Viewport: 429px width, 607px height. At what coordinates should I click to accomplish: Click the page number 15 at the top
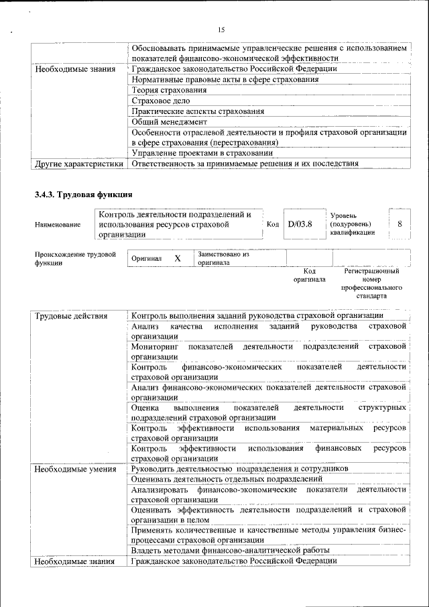click(222, 30)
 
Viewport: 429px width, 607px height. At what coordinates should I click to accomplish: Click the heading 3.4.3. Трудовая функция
click(83, 195)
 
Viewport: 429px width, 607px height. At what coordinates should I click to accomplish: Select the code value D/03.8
click(300, 223)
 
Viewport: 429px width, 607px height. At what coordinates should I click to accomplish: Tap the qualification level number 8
click(400, 223)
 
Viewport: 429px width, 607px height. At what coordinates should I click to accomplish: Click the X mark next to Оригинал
click(178, 258)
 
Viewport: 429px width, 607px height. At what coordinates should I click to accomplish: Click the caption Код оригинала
click(309, 275)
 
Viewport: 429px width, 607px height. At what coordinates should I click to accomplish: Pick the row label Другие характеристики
click(79, 163)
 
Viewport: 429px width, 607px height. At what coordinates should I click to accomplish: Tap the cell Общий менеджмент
click(169, 122)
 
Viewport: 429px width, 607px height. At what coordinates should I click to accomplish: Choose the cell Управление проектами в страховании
click(205, 153)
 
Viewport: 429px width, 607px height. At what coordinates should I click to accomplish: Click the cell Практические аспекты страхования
click(198, 111)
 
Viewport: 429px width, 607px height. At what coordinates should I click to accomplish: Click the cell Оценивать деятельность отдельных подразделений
click(227, 479)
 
